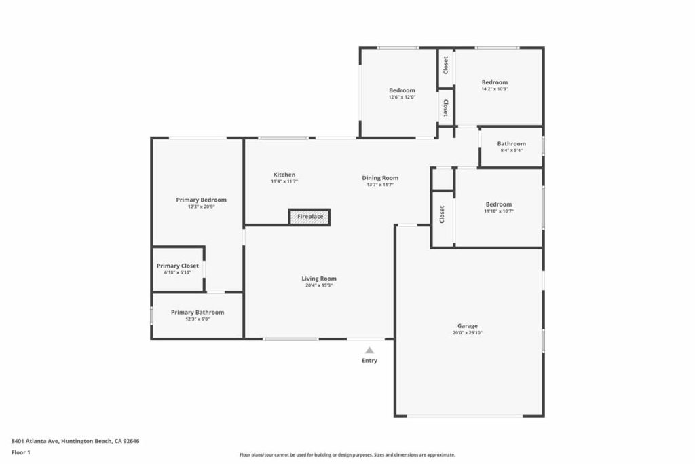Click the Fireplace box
[x=309, y=217]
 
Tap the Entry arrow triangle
[x=369, y=351]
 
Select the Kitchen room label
[x=284, y=175]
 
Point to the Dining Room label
[x=380, y=178]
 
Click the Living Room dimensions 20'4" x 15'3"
[x=319, y=285]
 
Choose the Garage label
[x=468, y=326]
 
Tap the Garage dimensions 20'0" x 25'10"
[x=468, y=333]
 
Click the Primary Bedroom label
[x=201, y=200]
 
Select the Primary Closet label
[x=178, y=266]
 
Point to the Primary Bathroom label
[x=198, y=313]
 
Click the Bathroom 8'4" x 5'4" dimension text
[x=512, y=150]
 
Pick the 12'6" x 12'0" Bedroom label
[x=402, y=90]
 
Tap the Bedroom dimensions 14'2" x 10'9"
[x=495, y=89]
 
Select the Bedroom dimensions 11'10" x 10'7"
[x=499, y=211]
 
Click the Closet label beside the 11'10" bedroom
[x=442, y=214]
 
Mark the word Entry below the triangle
[x=369, y=361]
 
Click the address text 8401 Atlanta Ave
[x=35, y=441]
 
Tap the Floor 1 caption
[x=21, y=453]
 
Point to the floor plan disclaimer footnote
[x=347, y=454]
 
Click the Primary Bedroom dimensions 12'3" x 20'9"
[x=201, y=207]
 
